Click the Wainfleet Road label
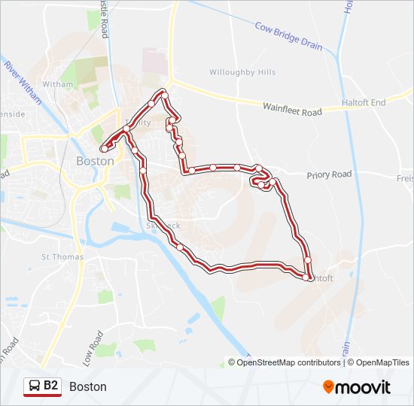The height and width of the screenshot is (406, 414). click(x=292, y=110)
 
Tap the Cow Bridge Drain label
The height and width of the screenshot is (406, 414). click(x=288, y=36)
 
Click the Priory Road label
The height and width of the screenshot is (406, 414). click(x=329, y=174)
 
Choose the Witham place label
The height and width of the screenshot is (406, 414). click(x=58, y=84)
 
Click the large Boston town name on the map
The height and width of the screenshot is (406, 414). click(x=96, y=161)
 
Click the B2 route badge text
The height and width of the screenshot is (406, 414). click(x=50, y=386)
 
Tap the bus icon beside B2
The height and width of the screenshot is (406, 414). click(x=35, y=386)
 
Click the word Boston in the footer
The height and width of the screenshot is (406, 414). click(x=88, y=386)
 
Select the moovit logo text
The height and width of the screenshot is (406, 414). click(x=364, y=387)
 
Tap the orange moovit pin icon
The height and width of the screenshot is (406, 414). click(x=329, y=386)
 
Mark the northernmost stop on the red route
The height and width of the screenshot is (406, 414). click(x=163, y=94)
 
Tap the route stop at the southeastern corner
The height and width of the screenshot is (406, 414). click(x=306, y=278)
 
